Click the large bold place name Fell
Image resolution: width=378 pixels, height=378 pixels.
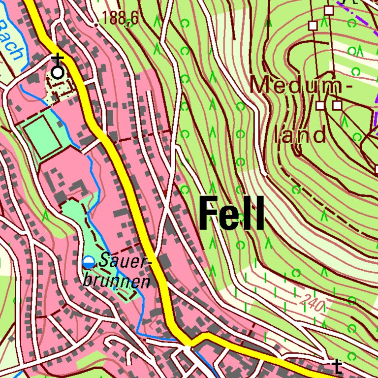pyautogui.click(x=231, y=214)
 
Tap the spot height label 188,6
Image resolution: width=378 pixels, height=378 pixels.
pyautogui.click(x=120, y=19)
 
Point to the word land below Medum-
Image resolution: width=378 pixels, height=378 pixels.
pyautogui.click(x=300, y=134)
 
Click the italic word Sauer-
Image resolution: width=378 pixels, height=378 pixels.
pyautogui.click(x=124, y=261)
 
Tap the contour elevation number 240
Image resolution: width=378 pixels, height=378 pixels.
pyautogui.click(x=311, y=304)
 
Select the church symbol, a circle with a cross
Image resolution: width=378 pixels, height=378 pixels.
pyautogui.click(x=58, y=72)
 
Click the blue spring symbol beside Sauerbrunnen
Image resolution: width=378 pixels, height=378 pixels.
pyautogui.click(x=89, y=262)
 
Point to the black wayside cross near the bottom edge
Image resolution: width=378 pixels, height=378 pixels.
pyautogui.click(x=337, y=366)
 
